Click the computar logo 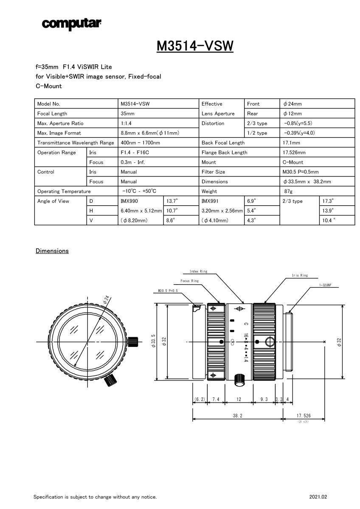(71, 24)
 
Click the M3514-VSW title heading (195, 46)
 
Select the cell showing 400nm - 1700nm (140, 143)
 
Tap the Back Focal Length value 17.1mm (291, 143)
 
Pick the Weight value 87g (288, 191)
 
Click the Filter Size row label (213, 172)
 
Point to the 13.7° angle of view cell (172, 201)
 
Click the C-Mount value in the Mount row (293, 162)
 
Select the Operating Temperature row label (64, 191)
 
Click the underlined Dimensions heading (52, 251)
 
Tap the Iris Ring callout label (300, 276)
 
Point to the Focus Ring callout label (189, 281)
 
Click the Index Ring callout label (198, 271)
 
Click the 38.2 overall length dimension (237, 416)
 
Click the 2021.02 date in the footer (318, 497)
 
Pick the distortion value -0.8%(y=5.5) (298, 123)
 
